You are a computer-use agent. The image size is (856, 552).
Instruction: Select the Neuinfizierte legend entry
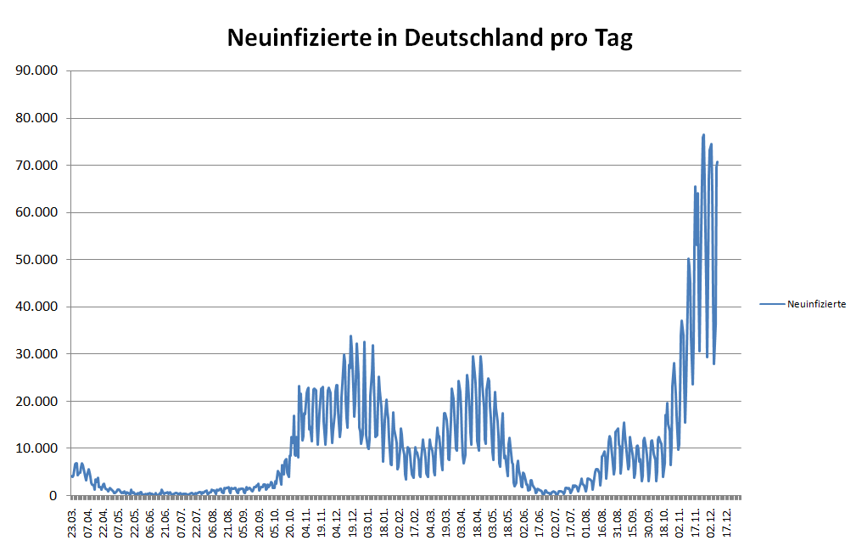pyautogui.click(x=815, y=303)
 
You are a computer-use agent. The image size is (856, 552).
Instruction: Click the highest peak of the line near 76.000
pyautogui.click(x=703, y=135)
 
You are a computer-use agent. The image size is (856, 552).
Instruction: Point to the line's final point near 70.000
pyautogui.click(x=717, y=162)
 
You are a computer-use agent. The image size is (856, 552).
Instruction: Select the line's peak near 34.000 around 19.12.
pyautogui.click(x=350, y=336)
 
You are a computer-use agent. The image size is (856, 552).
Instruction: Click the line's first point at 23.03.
pyautogui.click(x=71, y=476)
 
